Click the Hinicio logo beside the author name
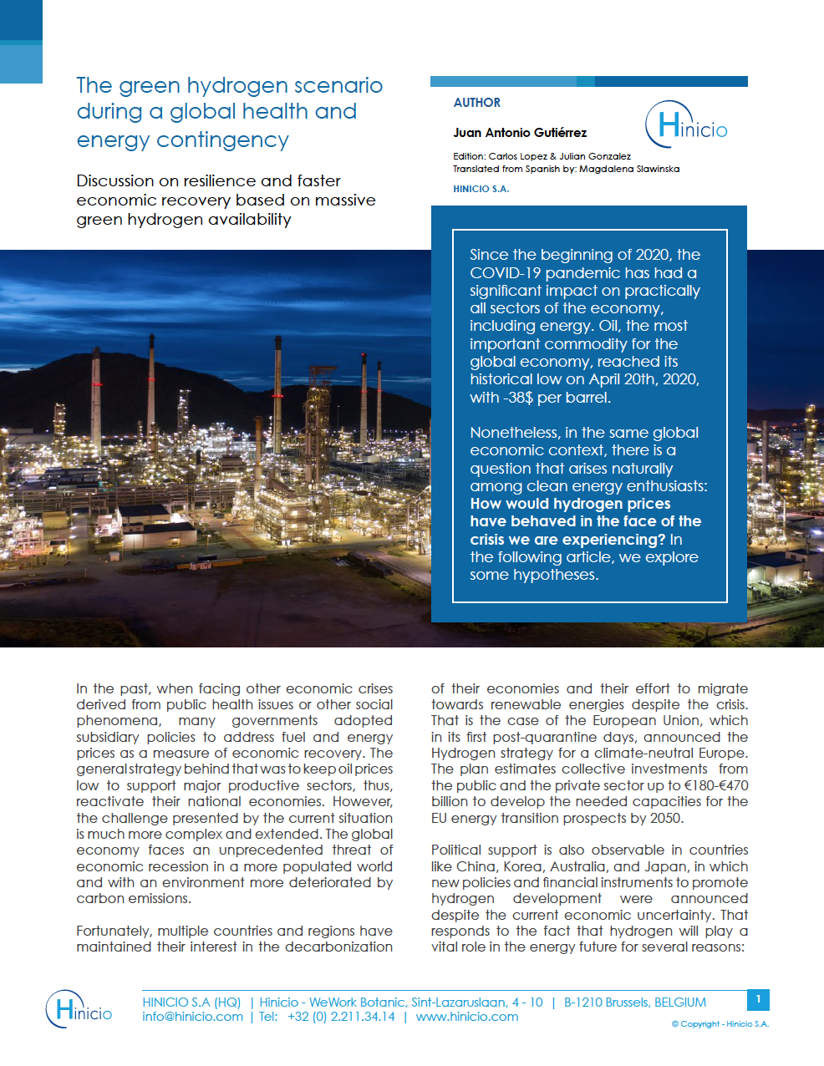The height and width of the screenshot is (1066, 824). click(686, 125)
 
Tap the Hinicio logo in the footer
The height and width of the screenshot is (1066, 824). click(79, 1008)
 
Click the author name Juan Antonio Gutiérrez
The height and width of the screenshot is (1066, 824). click(520, 133)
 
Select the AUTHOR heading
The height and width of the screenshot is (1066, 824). click(477, 103)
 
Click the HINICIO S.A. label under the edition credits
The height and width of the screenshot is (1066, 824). click(481, 189)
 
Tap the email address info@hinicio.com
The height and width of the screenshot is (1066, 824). click(192, 1017)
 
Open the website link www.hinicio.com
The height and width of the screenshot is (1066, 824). click(467, 1017)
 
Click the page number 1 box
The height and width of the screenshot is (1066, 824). click(758, 999)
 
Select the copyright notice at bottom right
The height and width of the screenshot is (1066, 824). click(720, 1024)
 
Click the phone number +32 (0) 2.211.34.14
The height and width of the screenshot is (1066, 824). click(341, 1017)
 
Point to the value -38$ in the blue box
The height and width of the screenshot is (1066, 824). click(516, 398)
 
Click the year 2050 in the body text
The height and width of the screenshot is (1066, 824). click(665, 818)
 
